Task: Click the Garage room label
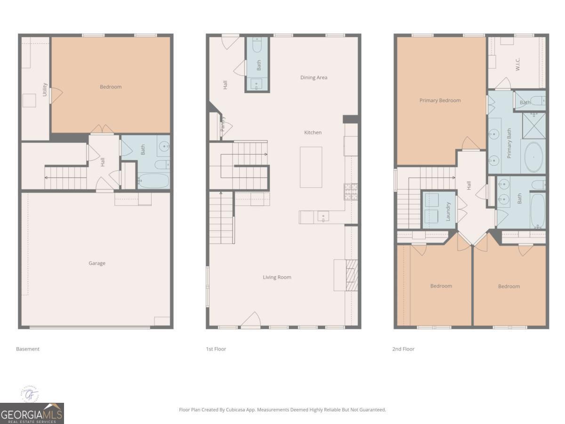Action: point(97,263)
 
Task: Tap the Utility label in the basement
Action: point(45,90)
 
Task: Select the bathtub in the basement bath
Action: point(153,181)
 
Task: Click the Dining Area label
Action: point(314,77)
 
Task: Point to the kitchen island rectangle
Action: point(311,167)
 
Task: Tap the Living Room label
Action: point(277,277)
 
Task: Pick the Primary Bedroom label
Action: point(440,100)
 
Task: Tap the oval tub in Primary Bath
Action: point(533,157)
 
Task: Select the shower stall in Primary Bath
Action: point(533,125)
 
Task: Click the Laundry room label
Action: point(448,212)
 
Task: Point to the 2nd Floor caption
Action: point(403,349)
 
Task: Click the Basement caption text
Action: point(28,349)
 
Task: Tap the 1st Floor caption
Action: point(216,349)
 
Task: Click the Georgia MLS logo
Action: point(32,413)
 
